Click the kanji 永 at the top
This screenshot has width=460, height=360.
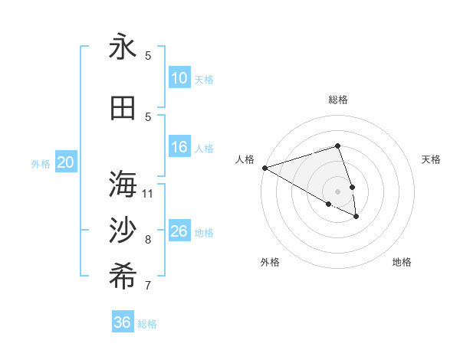[x=123, y=47]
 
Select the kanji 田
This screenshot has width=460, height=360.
[x=123, y=108]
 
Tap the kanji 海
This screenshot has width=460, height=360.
[x=123, y=185]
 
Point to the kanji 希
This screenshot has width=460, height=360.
[x=123, y=277]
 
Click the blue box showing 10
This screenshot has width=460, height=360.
[x=179, y=78]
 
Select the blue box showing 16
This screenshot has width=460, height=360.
[x=179, y=148]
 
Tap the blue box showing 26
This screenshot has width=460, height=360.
[x=179, y=231]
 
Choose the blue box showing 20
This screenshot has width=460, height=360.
[x=65, y=162]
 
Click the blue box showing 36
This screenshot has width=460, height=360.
[x=123, y=322]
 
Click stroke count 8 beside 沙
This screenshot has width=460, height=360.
[x=148, y=240]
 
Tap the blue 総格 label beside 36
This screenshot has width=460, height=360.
[x=147, y=324]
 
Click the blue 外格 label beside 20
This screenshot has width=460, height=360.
[x=41, y=164]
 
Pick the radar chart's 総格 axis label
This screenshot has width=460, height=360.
[x=338, y=100]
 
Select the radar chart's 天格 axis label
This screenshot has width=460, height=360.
[x=432, y=159]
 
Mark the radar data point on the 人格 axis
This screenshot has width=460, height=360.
[x=264, y=168]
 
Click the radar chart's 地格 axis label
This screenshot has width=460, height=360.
[x=402, y=263]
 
